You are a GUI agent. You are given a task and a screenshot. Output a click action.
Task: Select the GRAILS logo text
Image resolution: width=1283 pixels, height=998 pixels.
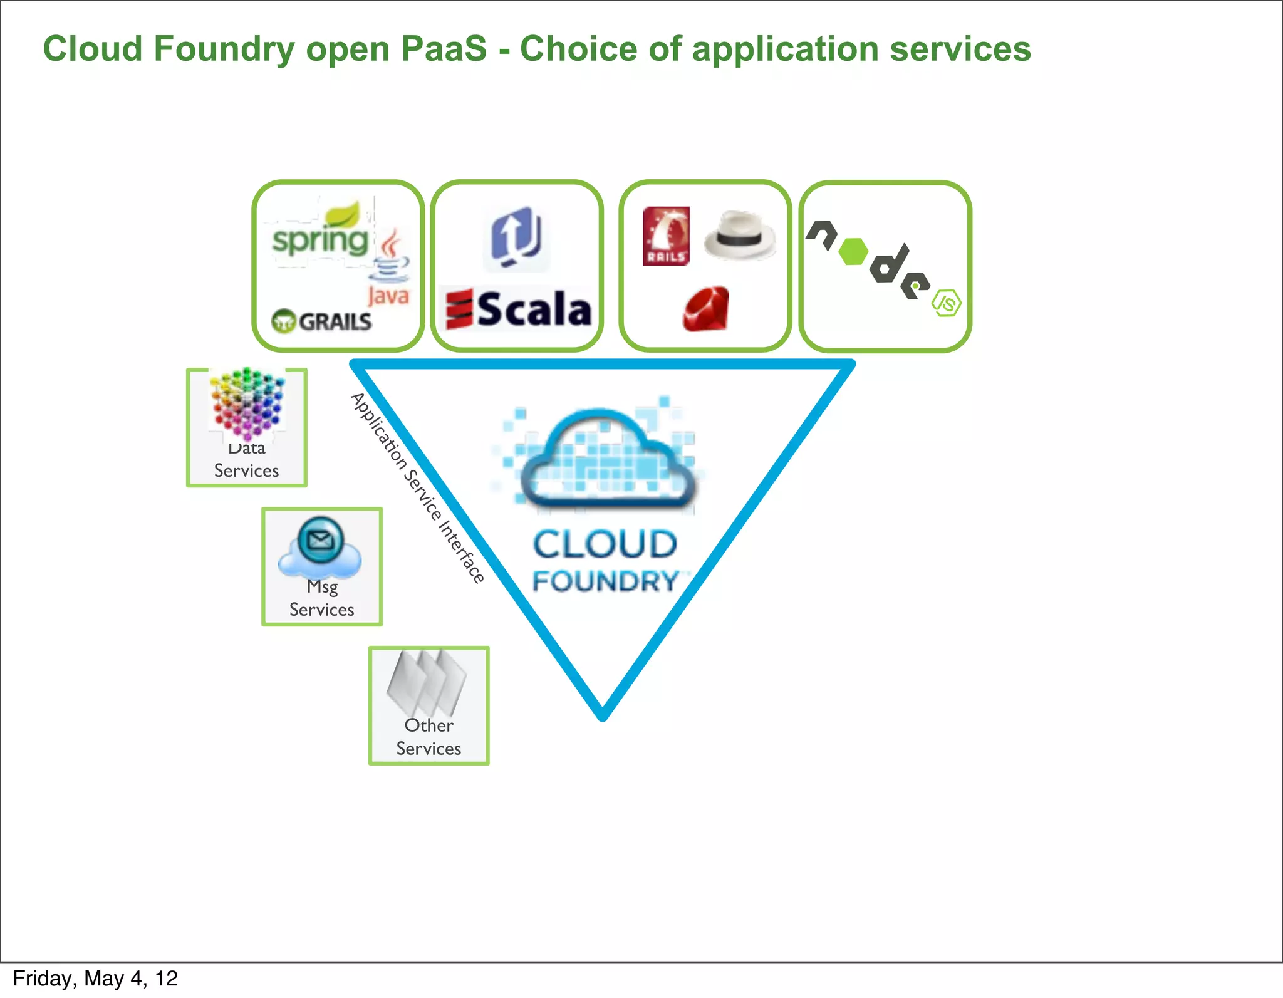[x=322, y=321]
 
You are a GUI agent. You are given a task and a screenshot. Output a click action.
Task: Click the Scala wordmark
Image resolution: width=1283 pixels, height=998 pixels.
[x=519, y=309]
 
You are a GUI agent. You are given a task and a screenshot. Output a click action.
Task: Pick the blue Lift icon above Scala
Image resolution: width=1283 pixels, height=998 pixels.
[x=516, y=238]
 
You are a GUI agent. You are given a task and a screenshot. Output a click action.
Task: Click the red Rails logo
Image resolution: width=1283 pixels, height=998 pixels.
[x=666, y=236]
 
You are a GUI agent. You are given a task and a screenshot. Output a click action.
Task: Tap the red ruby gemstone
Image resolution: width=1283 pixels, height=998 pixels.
[x=706, y=309]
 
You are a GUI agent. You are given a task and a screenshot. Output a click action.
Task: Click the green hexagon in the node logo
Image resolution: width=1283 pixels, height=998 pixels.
[x=853, y=252]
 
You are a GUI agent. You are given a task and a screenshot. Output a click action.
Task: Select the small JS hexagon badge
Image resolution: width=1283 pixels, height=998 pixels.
[x=946, y=303]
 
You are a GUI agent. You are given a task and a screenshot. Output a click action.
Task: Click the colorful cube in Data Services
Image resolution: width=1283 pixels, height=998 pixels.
[x=247, y=403]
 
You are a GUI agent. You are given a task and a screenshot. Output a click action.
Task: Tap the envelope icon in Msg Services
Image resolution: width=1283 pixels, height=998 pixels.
[x=321, y=540]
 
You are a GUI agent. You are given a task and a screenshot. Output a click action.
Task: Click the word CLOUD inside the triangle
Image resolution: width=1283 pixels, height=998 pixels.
[x=605, y=544]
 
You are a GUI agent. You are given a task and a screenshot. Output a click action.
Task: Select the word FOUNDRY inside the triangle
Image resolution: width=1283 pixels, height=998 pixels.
[x=605, y=581]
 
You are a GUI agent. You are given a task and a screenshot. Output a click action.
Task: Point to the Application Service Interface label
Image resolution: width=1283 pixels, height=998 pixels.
[x=417, y=488]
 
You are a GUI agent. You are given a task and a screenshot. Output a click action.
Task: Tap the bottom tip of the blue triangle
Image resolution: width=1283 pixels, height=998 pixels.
[x=603, y=715]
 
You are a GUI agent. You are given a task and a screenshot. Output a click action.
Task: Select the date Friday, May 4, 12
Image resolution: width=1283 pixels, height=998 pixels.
[x=95, y=979]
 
